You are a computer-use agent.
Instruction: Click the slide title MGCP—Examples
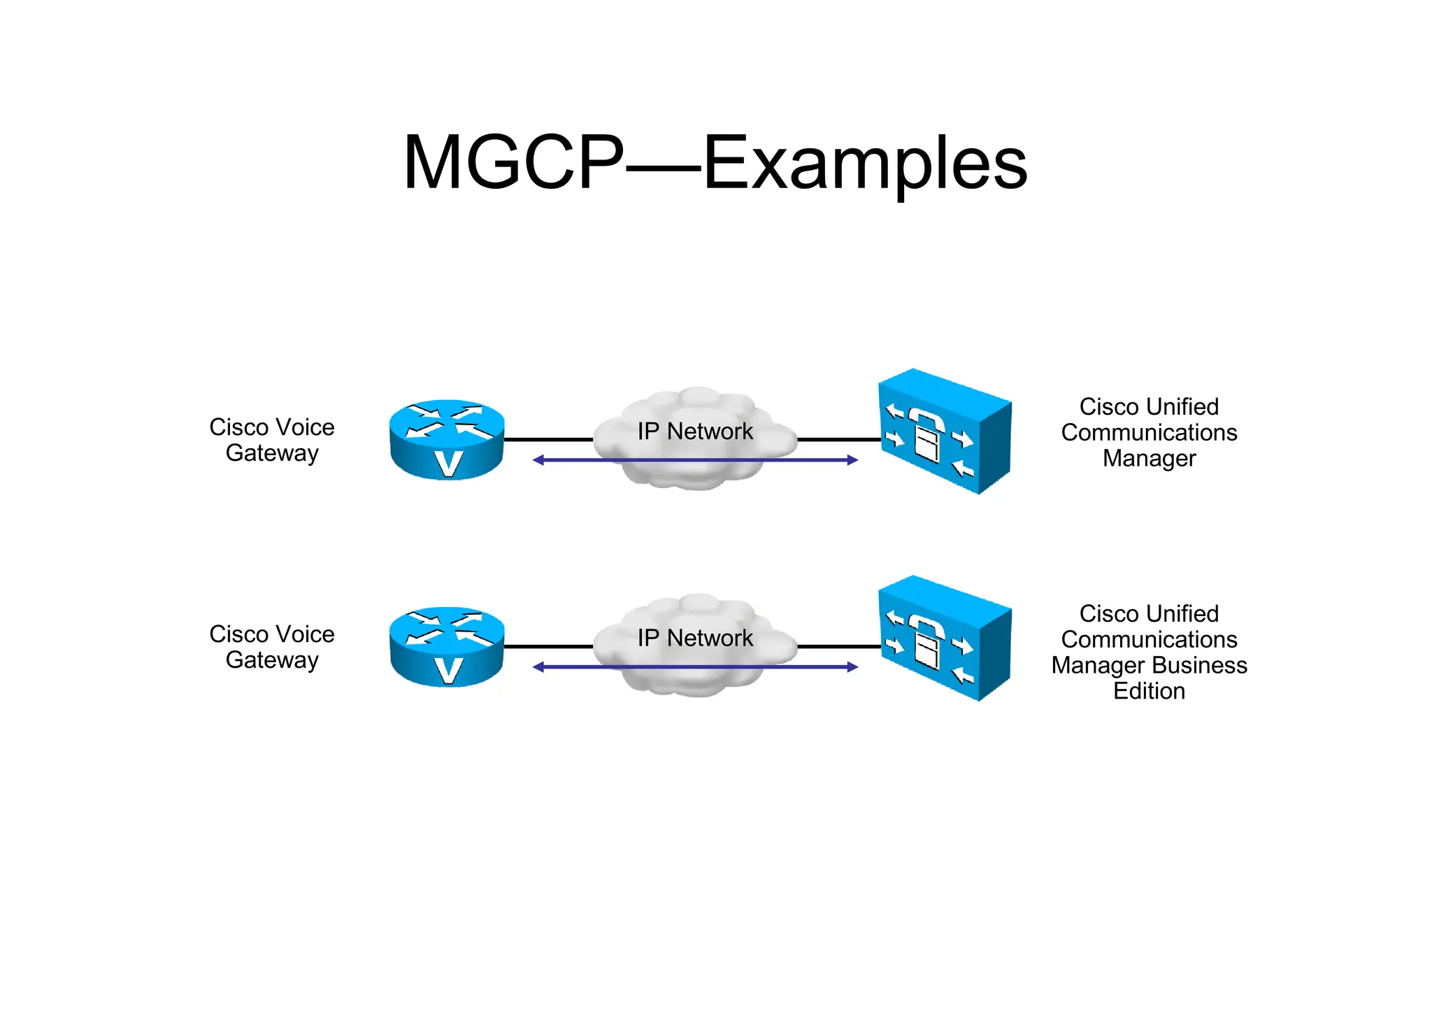[x=715, y=162]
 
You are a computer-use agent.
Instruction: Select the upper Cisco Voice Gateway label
[x=271, y=440]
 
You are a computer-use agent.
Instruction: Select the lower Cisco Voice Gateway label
[x=271, y=647]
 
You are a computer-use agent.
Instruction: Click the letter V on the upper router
[x=447, y=464]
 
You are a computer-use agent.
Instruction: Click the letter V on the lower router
[x=447, y=671]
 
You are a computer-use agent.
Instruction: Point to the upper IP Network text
[x=695, y=432]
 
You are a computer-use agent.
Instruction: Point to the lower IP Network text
[x=695, y=638]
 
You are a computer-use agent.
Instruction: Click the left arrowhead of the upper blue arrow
[x=538, y=460]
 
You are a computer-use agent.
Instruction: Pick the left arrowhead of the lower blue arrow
[x=538, y=667]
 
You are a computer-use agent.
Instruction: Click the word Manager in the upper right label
[x=1149, y=459]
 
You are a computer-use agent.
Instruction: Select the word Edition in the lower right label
[x=1149, y=692]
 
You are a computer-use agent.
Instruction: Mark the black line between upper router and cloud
[x=547, y=440]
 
